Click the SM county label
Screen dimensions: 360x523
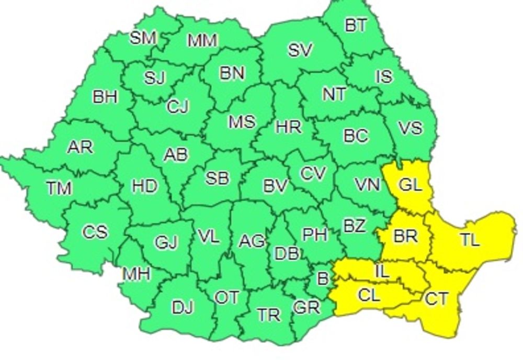(143, 38)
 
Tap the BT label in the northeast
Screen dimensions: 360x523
(356, 25)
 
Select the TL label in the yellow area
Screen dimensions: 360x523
(469, 240)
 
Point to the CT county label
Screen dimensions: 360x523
(436, 299)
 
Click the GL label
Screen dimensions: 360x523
(411, 186)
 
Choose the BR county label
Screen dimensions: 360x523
(405, 237)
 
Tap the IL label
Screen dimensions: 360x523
(382, 271)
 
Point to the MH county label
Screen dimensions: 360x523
(137, 273)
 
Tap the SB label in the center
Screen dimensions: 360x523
(217, 178)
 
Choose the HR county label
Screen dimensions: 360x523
(288, 126)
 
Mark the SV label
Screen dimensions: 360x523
(300, 50)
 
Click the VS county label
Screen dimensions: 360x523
(410, 127)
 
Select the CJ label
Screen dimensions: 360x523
(178, 106)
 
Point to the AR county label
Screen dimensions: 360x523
(80, 147)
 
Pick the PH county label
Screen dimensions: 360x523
(315, 235)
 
